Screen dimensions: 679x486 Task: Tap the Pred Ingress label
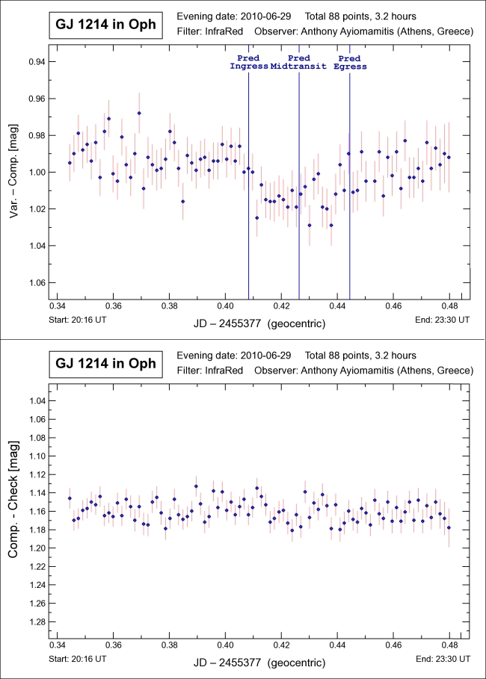(248, 62)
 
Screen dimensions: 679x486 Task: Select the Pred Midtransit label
(298, 62)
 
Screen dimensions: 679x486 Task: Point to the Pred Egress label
(349, 62)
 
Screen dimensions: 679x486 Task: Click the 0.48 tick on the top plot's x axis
(449, 306)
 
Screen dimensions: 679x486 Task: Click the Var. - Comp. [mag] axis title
(14, 172)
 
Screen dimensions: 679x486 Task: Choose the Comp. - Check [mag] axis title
(14, 512)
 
